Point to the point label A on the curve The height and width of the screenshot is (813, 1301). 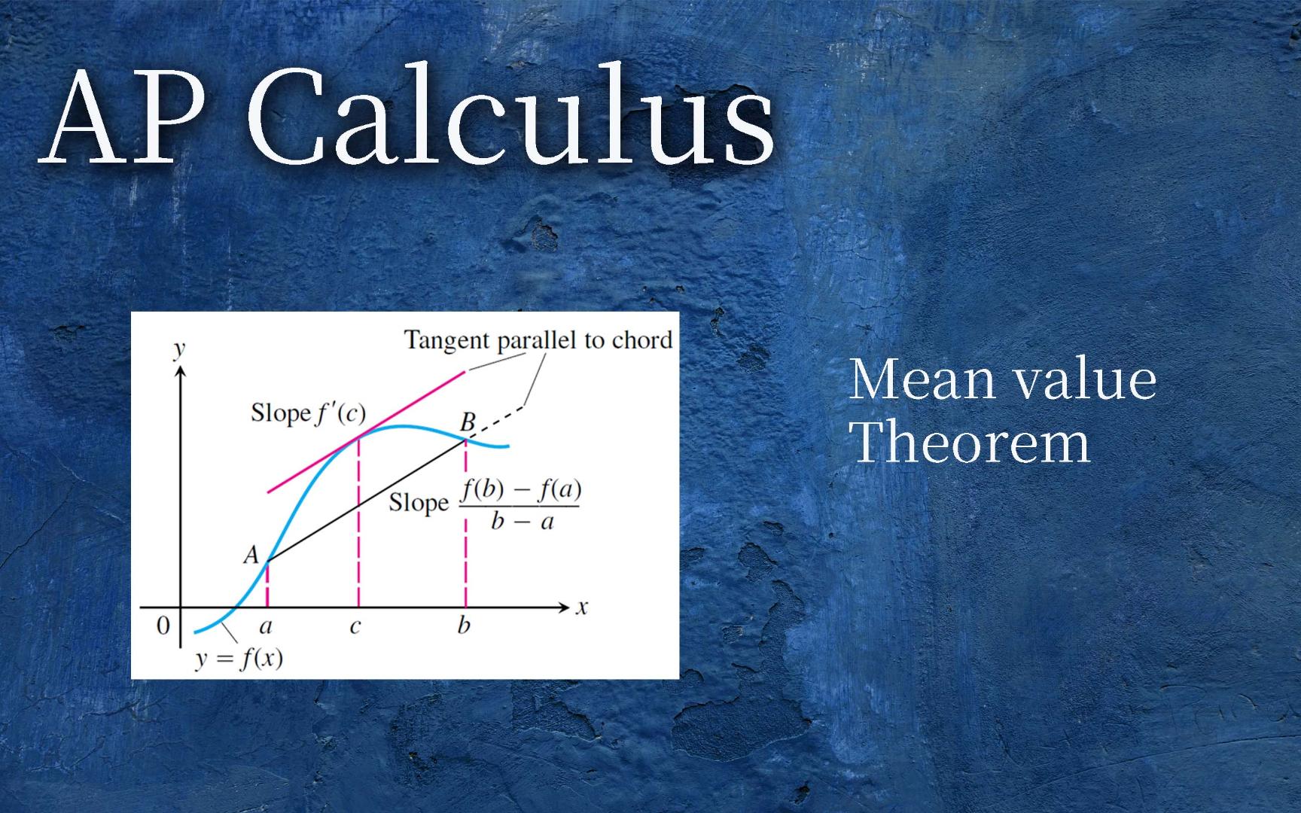tap(251, 556)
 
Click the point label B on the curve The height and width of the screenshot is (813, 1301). tap(468, 422)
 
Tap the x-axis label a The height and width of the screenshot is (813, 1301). tap(266, 626)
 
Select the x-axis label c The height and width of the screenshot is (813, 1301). tap(355, 626)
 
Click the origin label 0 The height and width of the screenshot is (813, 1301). tap(163, 626)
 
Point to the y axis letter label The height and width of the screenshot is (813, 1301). tap(179, 349)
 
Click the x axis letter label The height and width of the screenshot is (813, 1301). tap(581, 607)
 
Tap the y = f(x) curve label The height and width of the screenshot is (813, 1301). tap(239, 659)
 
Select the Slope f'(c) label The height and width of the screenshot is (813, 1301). tap(308, 413)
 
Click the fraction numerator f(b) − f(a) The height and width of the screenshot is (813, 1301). tap(521, 489)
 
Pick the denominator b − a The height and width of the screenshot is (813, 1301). tap(522, 521)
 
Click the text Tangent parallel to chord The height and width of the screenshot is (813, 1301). tap(538, 340)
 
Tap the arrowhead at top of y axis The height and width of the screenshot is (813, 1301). tap(180, 374)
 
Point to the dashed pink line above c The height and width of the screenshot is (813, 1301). tap(358, 527)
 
